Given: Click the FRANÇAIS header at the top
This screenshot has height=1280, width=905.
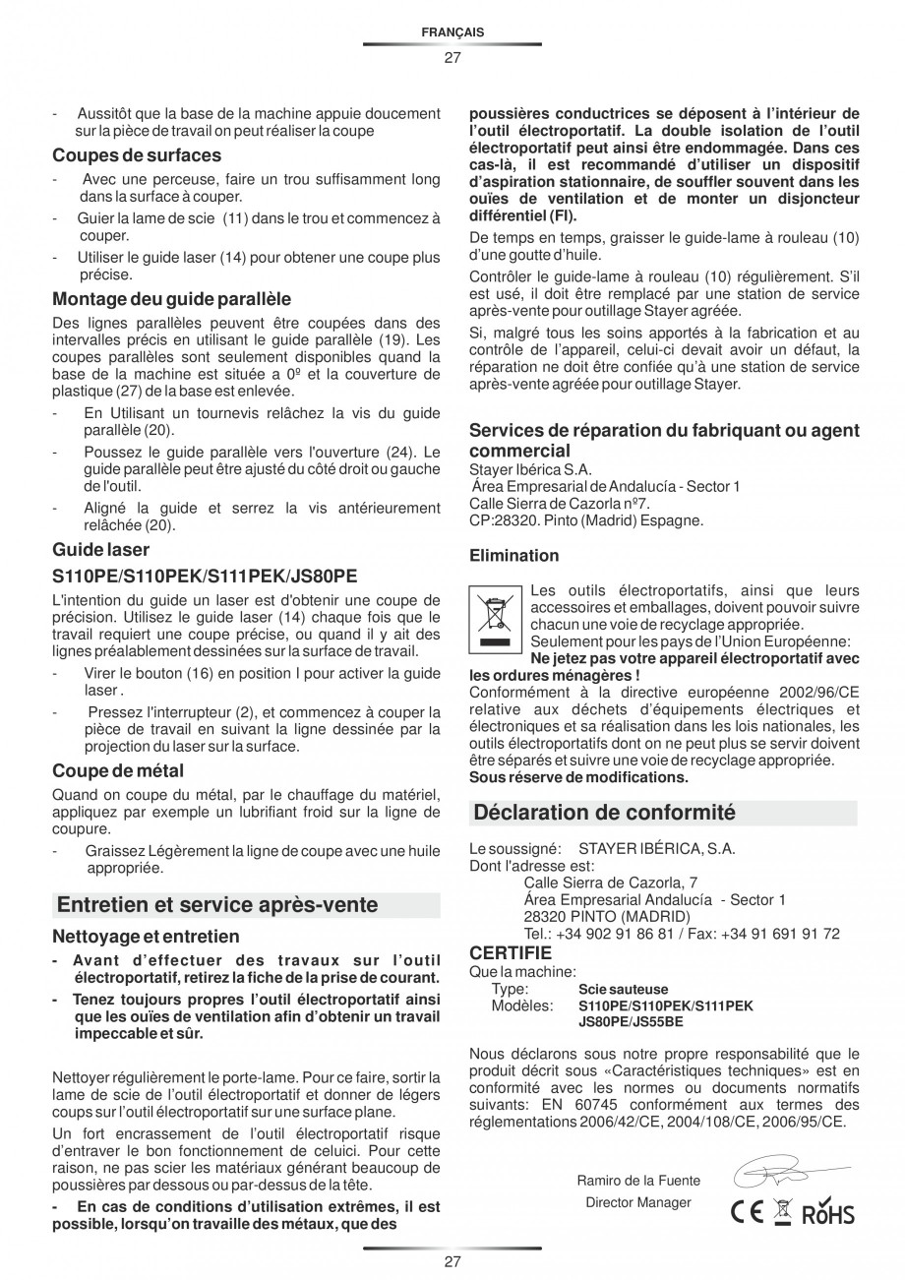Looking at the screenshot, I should click(x=452, y=32).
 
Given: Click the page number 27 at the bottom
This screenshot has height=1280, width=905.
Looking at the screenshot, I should click(x=452, y=1261).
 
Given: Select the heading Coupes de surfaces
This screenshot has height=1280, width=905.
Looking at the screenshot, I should click(x=137, y=155).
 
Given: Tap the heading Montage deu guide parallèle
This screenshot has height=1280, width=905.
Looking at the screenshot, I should click(x=171, y=299).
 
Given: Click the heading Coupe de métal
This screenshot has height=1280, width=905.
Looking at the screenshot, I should click(x=118, y=770).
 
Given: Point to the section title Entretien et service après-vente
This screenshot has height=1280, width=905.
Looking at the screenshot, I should click(x=217, y=904).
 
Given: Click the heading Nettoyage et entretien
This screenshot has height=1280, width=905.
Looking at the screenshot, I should click(x=146, y=937).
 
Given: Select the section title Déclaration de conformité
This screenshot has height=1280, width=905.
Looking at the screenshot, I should click(x=604, y=813).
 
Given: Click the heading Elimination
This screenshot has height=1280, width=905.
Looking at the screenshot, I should click(x=513, y=556).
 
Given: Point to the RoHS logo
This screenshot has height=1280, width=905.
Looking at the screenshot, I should click(x=829, y=1214).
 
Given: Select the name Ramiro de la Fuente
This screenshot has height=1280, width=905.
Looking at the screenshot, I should click(x=638, y=1181).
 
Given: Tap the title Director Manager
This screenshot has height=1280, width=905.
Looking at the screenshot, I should click(x=638, y=1202).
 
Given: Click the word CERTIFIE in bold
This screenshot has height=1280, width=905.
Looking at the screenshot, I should click(x=511, y=953).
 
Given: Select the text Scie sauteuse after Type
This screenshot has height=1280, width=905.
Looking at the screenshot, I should click(x=623, y=990).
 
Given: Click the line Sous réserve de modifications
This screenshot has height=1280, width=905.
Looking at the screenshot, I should click(x=578, y=777).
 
